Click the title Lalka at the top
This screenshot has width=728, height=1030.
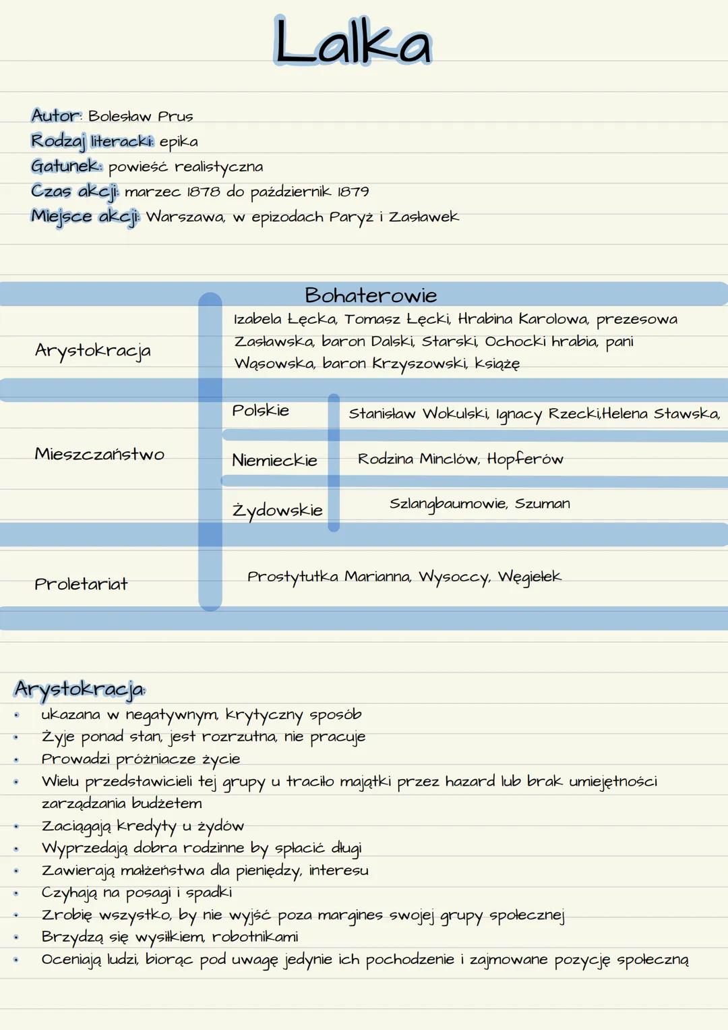pyautogui.click(x=352, y=42)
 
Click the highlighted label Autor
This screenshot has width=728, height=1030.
pyautogui.click(x=56, y=116)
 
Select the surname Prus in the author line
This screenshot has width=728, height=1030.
pyautogui.click(x=175, y=117)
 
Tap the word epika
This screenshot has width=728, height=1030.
pyautogui.click(x=179, y=142)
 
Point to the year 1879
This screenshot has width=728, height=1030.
pyautogui.click(x=353, y=192)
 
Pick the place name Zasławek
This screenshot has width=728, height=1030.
pyautogui.click(x=424, y=217)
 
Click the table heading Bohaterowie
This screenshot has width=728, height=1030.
pyautogui.click(x=371, y=295)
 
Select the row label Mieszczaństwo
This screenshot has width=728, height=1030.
pyautogui.click(x=100, y=454)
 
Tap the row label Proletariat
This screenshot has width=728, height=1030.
pyautogui.click(x=81, y=584)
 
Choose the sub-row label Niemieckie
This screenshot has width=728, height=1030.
pyautogui.click(x=274, y=461)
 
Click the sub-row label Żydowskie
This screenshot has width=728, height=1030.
pyautogui.click(x=277, y=511)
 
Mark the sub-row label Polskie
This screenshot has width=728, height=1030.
pyautogui.click(x=260, y=411)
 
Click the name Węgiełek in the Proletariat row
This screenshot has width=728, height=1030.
pyautogui.click(x=529, y=577)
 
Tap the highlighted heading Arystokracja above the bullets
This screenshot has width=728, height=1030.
pyautogui.click(x=79, y=689)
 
